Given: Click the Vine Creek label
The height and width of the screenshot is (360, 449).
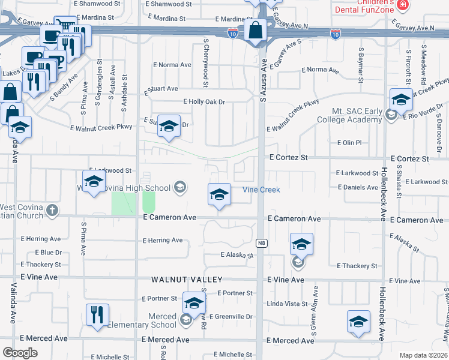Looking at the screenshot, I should click(261, 190).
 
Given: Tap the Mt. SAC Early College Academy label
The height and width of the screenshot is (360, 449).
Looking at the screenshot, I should click(357, 116).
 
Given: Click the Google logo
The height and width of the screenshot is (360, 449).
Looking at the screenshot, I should click(20, 353).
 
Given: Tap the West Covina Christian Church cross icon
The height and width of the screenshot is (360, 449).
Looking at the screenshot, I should click(53, 210).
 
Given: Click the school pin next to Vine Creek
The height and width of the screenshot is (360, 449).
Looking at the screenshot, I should click(220, 194).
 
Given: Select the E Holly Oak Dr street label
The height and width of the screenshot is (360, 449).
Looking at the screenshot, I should click(204, 102).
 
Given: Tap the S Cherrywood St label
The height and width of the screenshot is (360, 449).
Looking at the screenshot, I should click(205, 63).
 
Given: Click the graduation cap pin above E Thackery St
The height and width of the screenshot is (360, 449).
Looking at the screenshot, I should click(301, 244).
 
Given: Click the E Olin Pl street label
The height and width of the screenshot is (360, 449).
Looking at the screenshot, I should click(349, 143).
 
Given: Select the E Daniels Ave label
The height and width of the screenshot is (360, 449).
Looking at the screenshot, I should click(357, 188).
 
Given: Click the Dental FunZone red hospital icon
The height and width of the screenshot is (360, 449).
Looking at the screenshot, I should click(403, 5).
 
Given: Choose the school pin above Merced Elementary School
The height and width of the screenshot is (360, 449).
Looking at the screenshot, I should click(194, 304).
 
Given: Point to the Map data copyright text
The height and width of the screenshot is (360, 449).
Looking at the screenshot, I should click(424, 355).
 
